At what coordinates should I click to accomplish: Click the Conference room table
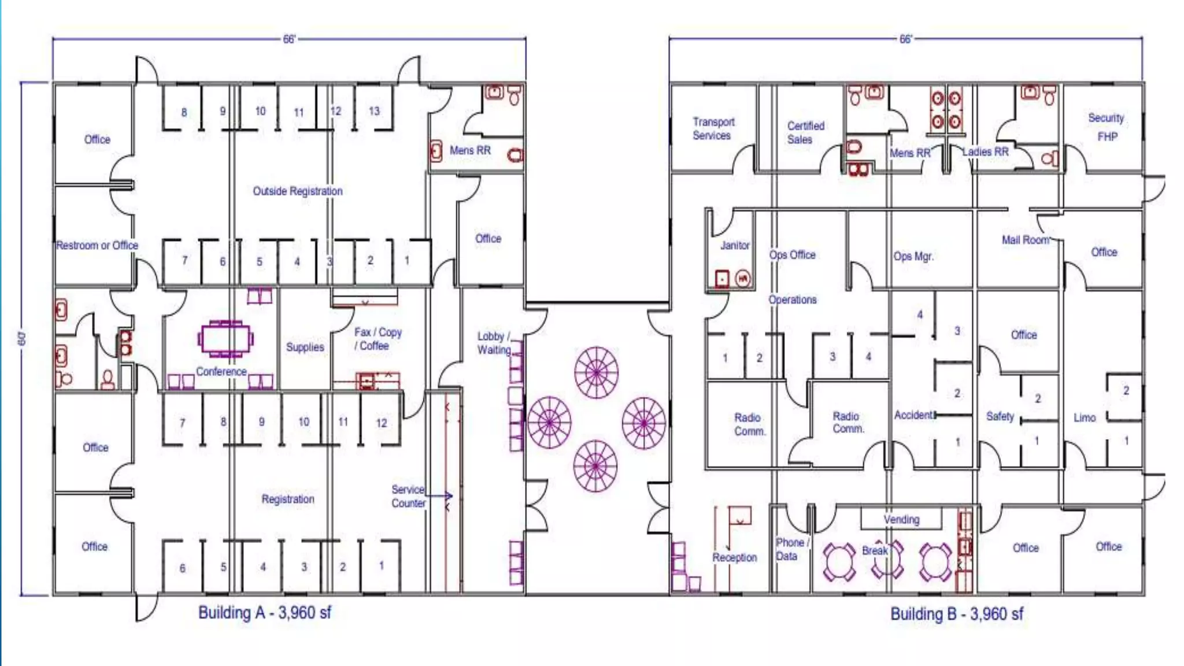pos(225,339)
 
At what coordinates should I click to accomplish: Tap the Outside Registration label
pos(297,191)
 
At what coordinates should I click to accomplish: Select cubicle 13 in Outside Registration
pos(374,111)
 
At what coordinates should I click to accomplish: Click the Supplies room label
pos(305,347)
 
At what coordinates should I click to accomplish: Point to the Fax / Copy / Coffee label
pos(377,339)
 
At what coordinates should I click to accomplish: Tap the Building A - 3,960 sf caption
pos(264,613)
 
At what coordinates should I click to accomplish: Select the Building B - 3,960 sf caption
pos(956,614)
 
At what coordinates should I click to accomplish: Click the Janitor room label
pos(734,246)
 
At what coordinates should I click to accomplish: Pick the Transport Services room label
pos(713,128)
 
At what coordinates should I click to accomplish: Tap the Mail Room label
pos(1025,240)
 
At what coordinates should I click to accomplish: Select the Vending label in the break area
pos(901,520)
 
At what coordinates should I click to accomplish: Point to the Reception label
pos(734,557)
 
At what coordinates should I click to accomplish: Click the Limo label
pos(1084,417)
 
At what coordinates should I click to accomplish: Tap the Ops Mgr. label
pos(913,256)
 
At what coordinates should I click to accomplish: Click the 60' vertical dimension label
pos(23,339)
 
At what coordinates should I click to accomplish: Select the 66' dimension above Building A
pos(289,39)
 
